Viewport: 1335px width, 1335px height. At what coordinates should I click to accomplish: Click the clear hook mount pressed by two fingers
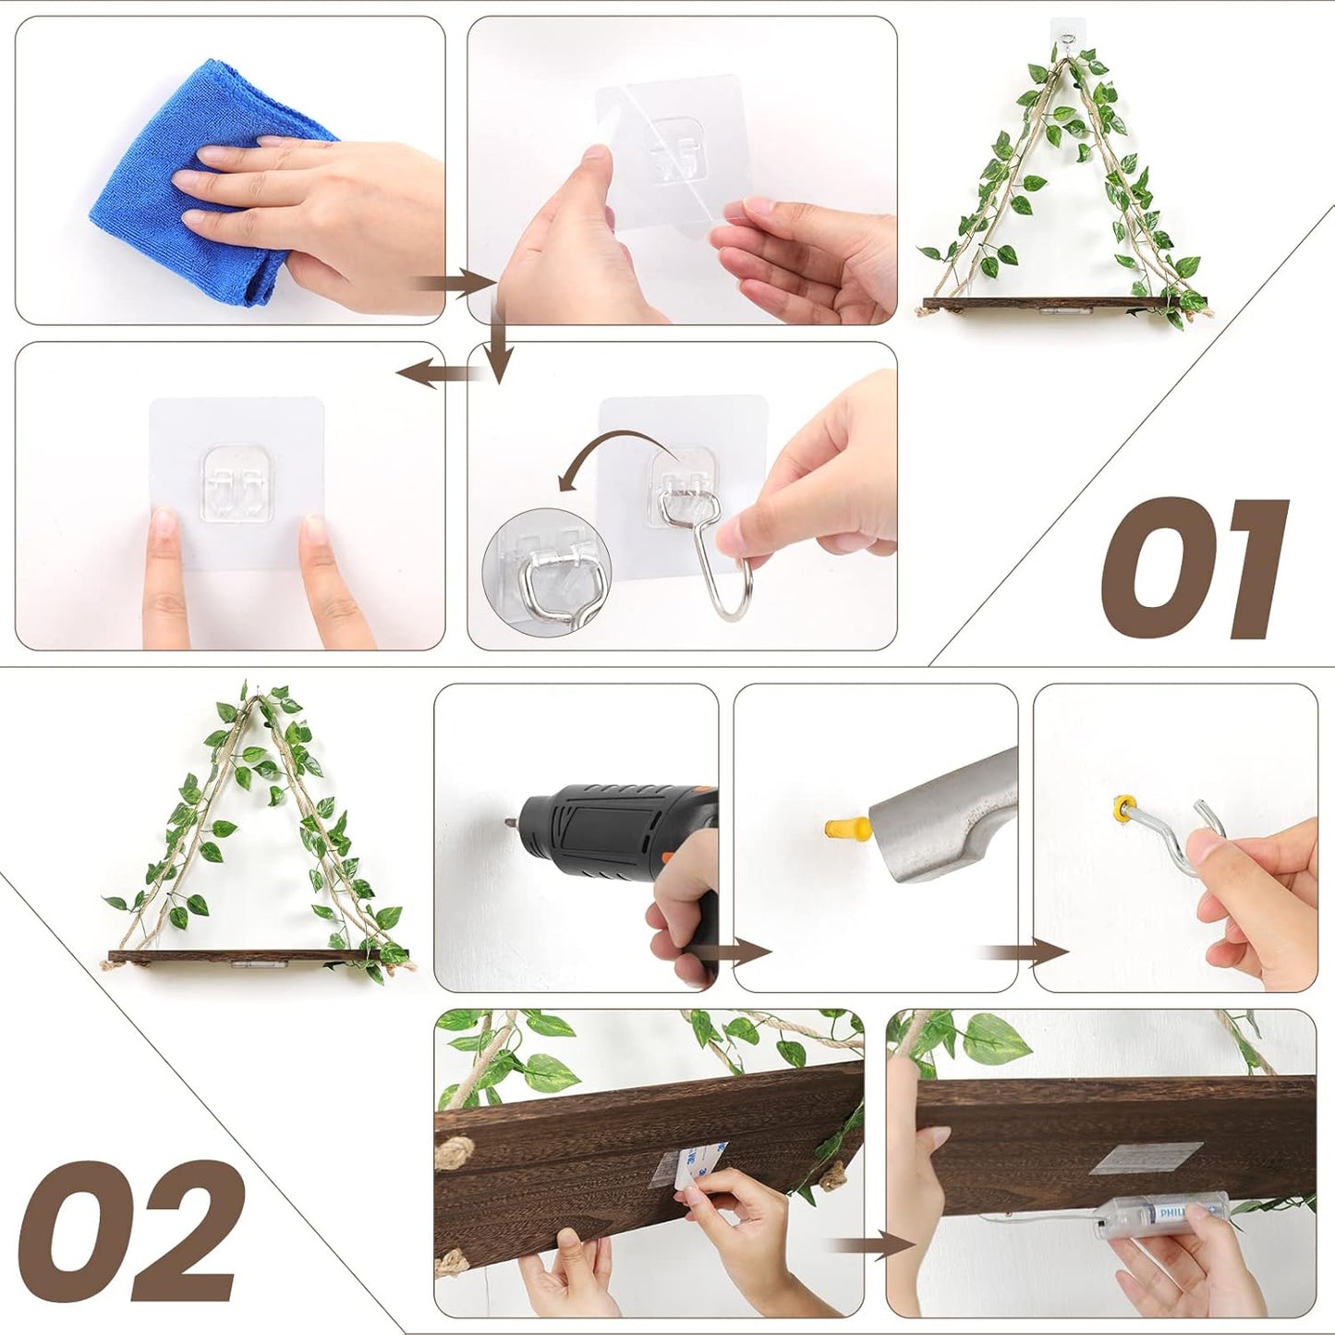click(x=236, y=480)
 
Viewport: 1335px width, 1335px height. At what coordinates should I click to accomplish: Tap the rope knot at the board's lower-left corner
click(x=451, y=1262)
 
